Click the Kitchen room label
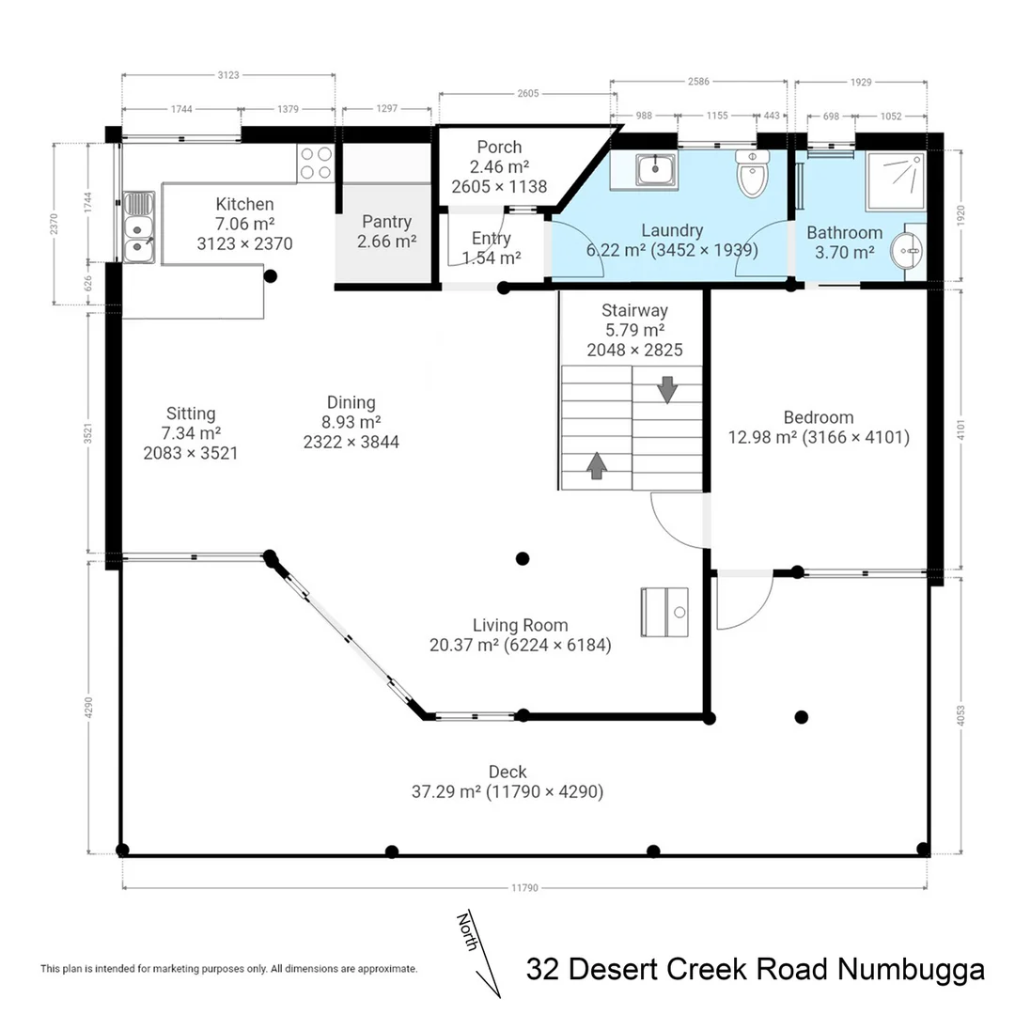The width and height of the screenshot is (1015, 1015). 244,204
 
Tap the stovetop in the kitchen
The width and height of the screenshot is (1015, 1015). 316,164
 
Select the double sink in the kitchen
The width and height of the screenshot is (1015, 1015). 138,227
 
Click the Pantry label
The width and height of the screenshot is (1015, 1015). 386,222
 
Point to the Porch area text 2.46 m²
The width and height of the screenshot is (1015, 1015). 499,167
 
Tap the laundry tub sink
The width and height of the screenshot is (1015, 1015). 651,170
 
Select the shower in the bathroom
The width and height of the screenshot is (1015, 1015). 895,180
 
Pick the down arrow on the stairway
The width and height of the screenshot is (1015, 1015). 667,389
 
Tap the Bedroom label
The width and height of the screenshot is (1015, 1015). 819,417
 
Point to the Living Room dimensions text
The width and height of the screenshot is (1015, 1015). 520,645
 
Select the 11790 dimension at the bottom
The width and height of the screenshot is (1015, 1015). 523,886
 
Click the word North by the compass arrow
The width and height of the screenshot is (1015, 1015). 467,930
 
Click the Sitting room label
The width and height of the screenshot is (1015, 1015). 191,414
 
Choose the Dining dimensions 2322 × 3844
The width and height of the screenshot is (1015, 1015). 351,441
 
